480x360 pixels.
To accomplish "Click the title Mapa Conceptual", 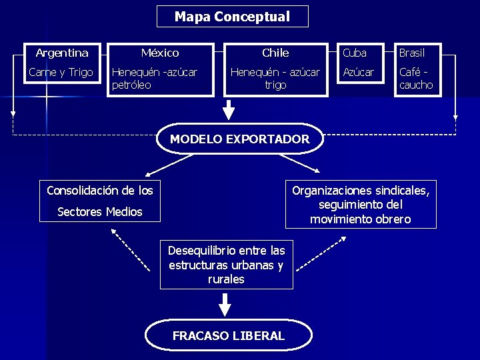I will (x=232, y=17).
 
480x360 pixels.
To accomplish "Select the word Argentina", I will (x=62, y=53).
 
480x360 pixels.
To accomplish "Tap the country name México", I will (x=160, y=53).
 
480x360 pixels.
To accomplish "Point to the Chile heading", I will (x=275, y=53).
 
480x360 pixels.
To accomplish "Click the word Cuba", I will (x=355, y=53).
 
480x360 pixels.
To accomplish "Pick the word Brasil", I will (x=411, y=53).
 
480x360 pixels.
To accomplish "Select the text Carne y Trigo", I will (x=61, y=72).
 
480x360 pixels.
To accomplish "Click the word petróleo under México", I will (x=131, y=85).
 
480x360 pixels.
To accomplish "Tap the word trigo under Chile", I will (x=275, y=85).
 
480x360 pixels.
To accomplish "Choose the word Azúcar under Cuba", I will (x=359, y=72).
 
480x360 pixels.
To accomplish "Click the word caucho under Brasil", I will (x=416, y=85).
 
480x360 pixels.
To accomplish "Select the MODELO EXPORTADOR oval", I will (x=240, y=139).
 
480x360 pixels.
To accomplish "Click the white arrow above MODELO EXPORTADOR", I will (x=229, y=110).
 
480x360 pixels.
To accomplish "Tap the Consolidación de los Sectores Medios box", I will (x=100, y=201).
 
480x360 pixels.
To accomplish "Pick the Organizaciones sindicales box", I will (x=361, y=205).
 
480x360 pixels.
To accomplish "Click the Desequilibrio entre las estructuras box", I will (x=226, y=265).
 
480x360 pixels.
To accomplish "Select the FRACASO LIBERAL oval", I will (x=229, y=335).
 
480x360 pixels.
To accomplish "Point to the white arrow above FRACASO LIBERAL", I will (x=225, y=304).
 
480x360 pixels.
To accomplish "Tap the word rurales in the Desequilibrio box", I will (x=226, y=279).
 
